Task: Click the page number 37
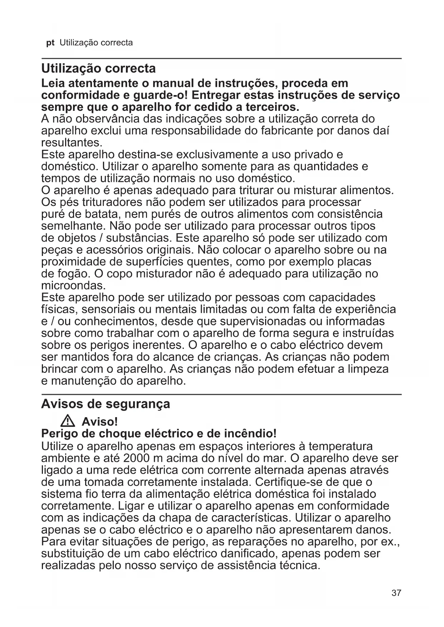[x=396, y=593]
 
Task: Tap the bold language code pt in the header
[x=50, y=43]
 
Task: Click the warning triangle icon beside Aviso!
[x=68, y=421]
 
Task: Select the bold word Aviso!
[x=100, y=422]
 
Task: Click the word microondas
[x=74, y=286]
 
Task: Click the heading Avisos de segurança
[x=106, y=404]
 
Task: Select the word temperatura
[x=341, y=446]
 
